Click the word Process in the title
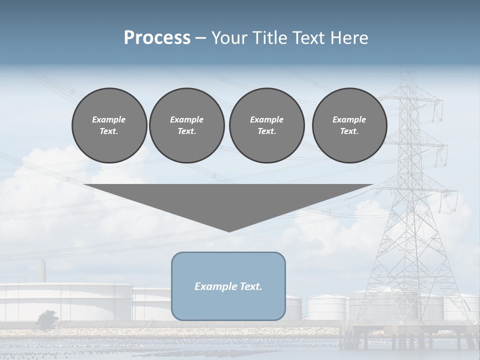[157, 38]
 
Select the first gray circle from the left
[109, 125]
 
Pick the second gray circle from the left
[186, 125]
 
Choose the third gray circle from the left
[266, 125]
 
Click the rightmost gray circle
[349, 125]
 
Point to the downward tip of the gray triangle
[229, 230]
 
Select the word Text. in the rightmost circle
[349, 131]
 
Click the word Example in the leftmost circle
[109, 119]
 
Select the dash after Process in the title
[201, 38]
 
